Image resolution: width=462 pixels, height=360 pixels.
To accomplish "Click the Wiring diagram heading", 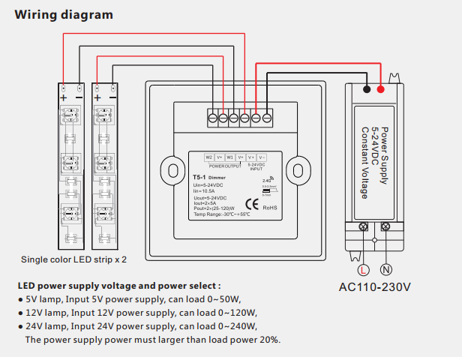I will (x=64, y=14).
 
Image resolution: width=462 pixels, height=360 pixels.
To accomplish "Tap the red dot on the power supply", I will (x=382, y=89).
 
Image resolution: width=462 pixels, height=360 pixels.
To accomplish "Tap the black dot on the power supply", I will (x=365, y=89).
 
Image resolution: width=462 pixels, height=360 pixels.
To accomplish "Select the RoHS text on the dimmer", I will (x=271, y=207).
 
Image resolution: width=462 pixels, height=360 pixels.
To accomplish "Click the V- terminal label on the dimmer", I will (x=262, y=157).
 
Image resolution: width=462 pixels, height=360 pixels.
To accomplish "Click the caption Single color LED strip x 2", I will (x=74, y=259).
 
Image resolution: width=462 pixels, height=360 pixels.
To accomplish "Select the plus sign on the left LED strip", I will (x=64, y=97).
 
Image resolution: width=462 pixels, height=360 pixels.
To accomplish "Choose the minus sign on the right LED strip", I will (x=112, y=97).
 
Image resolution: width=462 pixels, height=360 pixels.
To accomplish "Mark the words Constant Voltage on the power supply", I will (x=364, y=160).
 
